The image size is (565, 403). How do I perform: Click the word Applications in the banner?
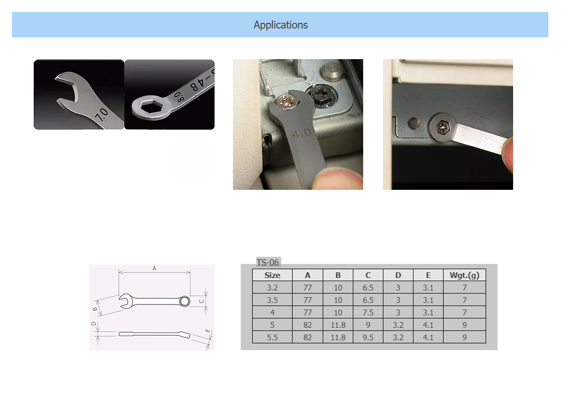click(x=280, y=25)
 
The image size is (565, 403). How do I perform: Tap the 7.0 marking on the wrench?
click(x=101, y=114)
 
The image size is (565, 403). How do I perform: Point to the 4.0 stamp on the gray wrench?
click(x=301, y=134)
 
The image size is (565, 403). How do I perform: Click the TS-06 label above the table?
click(x=268, y=262)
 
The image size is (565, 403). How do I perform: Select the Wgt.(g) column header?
click(x=464, y=275)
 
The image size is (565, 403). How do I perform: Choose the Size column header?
click(x=272, y=275)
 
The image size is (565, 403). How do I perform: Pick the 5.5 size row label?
click(x=272, y=337)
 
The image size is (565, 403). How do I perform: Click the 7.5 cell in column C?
click(x=368, y=313)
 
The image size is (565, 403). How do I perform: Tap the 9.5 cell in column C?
click(x=368, y=337)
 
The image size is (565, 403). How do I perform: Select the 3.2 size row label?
click(x=272, y=288)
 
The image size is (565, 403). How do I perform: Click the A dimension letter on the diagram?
click(x=154, y=269)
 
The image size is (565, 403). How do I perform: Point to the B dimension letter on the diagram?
click(x=95, y=309)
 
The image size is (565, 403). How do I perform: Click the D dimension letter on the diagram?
click(x=93, y=324)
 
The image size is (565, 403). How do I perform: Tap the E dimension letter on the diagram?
click(x=207, y=331)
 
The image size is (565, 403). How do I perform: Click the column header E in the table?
click(x=428, y=275)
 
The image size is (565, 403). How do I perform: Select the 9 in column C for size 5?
click(x=368, y=325)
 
